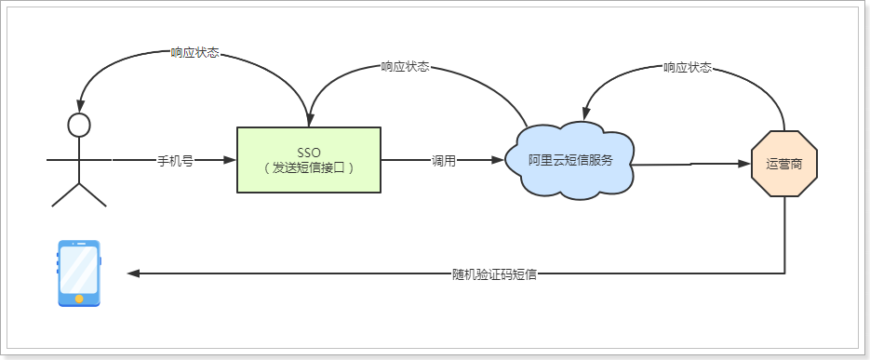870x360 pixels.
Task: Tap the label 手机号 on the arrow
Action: coord(175,160)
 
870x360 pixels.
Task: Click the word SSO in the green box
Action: coord(308,152)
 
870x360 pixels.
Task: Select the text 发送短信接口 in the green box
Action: coord(308,167)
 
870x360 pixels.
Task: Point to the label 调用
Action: coord(444,160)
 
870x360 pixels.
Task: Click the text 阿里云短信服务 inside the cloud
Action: coord(571,160)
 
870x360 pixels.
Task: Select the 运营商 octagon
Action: coord(784,163)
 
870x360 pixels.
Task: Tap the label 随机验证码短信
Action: coord(494,274)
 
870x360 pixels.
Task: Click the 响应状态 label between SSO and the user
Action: coord(195,53)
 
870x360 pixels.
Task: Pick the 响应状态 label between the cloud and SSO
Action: coord(406,67)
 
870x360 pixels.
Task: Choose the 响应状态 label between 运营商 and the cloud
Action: coord(688,67)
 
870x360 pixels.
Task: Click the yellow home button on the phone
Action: coord(79,299)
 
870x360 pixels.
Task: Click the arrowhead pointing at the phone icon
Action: coord(134,273)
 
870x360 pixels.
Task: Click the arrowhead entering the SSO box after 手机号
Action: coord(230,160)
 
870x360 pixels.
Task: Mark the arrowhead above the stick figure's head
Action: coord(80,104)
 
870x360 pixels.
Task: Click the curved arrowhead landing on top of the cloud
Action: coord(586,110)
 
